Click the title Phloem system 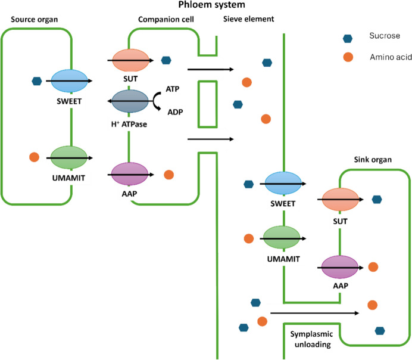211,5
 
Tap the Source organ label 34,20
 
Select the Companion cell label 166,20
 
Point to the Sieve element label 248,19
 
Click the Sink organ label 373,160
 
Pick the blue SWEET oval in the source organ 69,80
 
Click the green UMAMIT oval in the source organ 69,157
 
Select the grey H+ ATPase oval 130,101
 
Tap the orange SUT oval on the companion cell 130,60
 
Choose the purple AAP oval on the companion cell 130,174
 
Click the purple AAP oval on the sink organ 340,267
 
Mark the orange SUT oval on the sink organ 341,199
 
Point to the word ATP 173,89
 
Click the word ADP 175,112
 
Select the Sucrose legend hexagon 348,38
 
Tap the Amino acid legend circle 348,57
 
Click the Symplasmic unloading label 312,339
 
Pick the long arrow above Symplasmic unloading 314,313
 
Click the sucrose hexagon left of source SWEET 37,81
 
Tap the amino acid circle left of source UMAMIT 34,157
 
